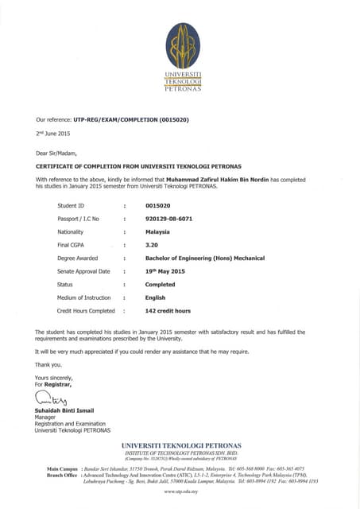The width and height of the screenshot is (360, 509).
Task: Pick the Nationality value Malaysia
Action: [159, 231]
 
